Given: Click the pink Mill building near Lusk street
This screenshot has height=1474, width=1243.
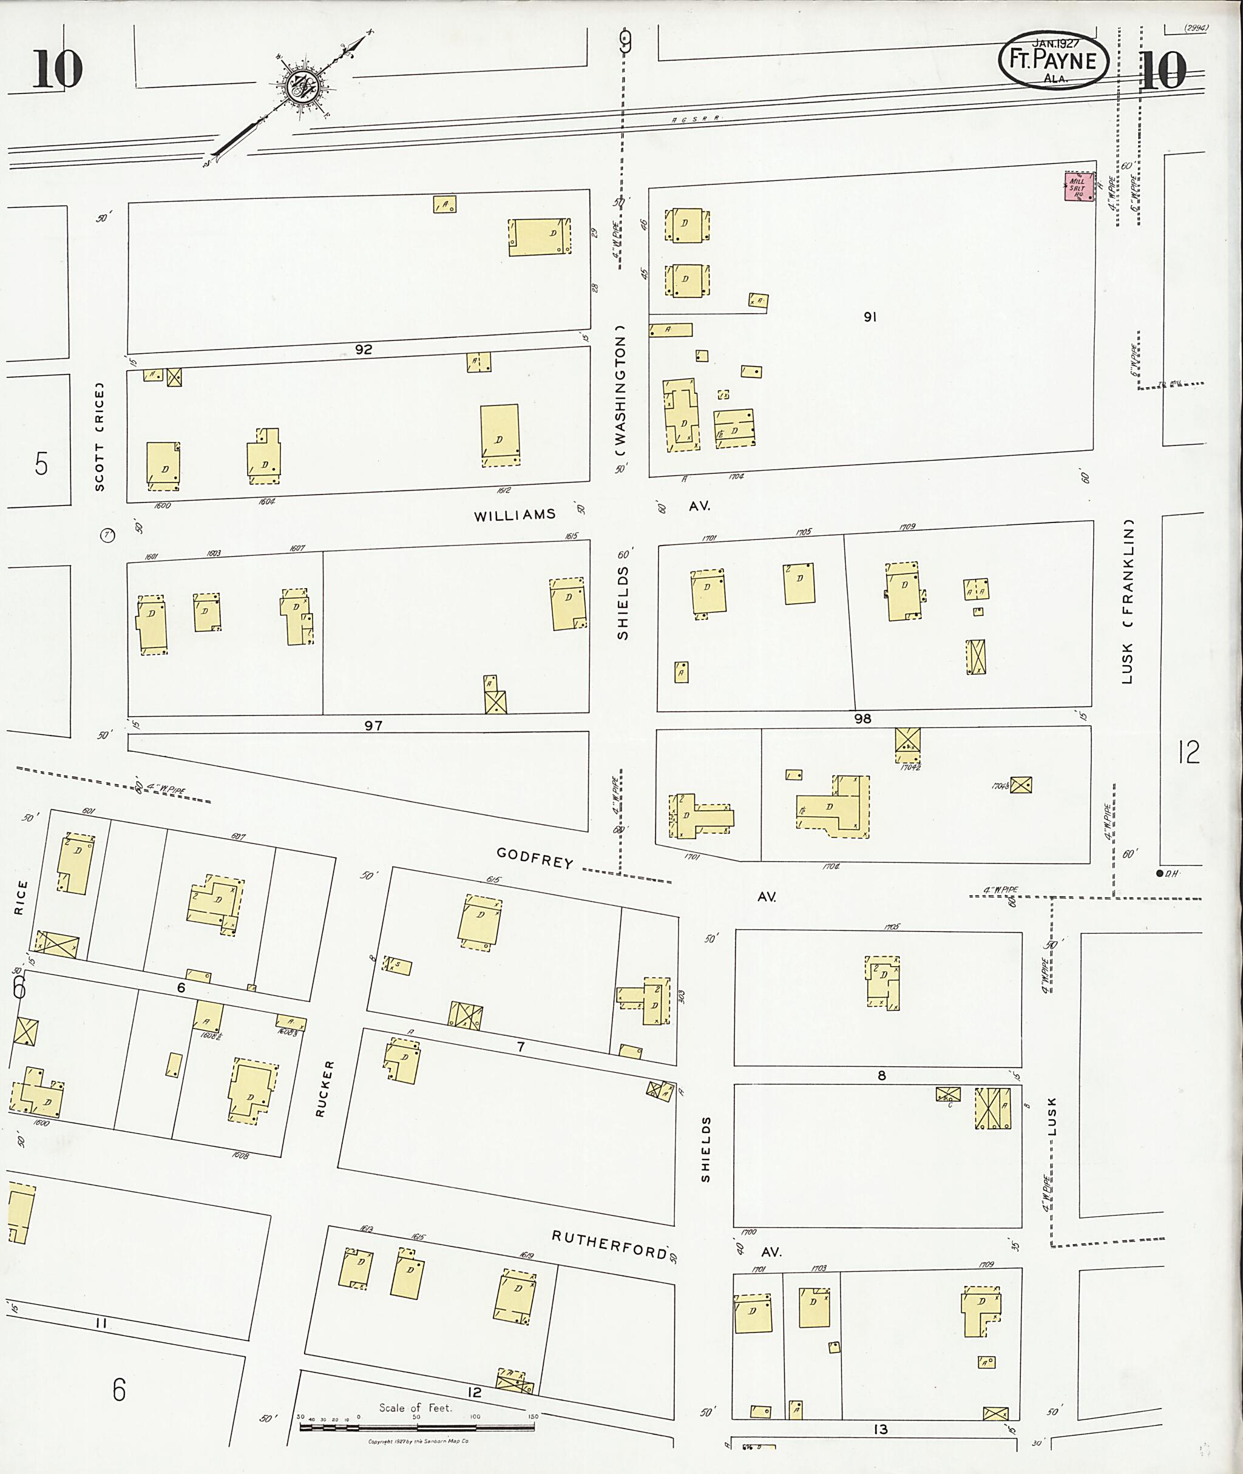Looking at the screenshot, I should click(x=1079, y=187).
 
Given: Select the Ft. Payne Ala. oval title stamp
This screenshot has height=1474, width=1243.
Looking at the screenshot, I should click(x=1053, y=61).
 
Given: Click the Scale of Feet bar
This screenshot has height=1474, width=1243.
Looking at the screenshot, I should click(x=416, y=1427).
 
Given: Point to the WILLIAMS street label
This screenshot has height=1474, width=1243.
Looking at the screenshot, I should click(x=515, y=515).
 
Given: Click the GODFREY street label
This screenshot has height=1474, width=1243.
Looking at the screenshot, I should click(x=535, y=858).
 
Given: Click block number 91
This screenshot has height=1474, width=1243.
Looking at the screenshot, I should click(x=870, y=317).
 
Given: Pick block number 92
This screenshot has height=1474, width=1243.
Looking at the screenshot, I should click(x=363, y=350).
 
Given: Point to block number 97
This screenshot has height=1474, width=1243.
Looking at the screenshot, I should click(x=373, y=725).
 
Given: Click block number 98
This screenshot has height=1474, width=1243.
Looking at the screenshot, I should click(x=862, y=718).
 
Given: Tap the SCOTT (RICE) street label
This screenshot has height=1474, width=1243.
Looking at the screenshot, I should click(x=100, y=436).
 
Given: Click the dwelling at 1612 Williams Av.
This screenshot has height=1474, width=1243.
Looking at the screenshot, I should click(x=500, y=434).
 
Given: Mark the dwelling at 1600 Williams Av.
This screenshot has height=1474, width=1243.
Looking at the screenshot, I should click(x=163, y=465).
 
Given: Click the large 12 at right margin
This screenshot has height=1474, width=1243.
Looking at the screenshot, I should click(x=1188, y=752).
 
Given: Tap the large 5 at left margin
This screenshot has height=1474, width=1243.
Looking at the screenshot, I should click(x=41, y=464).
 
